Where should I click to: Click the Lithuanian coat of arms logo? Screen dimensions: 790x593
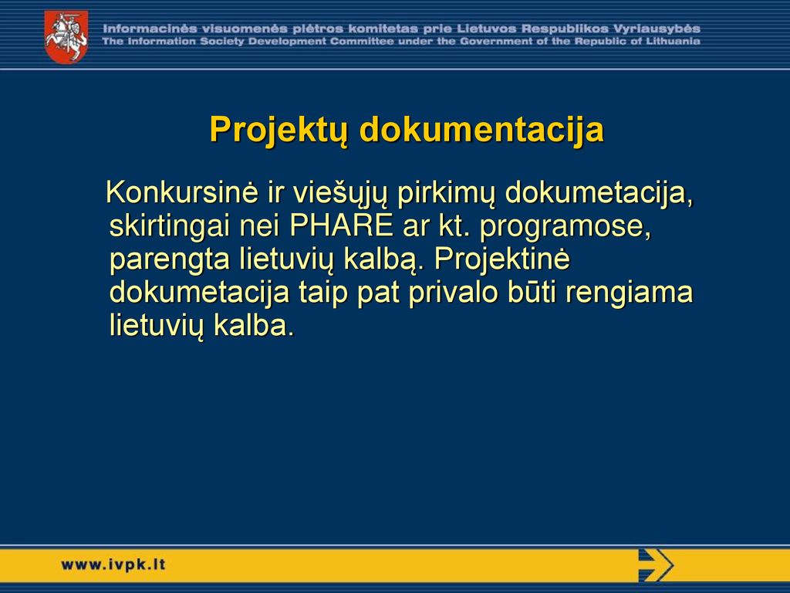pos(66,37)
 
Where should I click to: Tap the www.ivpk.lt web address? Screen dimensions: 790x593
pos(113,564)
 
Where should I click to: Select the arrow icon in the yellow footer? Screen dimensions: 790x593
pos(656,565)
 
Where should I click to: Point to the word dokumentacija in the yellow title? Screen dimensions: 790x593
pos(481,130)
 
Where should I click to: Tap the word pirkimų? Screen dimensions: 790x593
pos(446,194)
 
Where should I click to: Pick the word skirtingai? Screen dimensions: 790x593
pos(167,227)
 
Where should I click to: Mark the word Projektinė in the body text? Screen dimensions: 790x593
pos(501,260)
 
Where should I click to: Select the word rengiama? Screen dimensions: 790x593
pos(630,293)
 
